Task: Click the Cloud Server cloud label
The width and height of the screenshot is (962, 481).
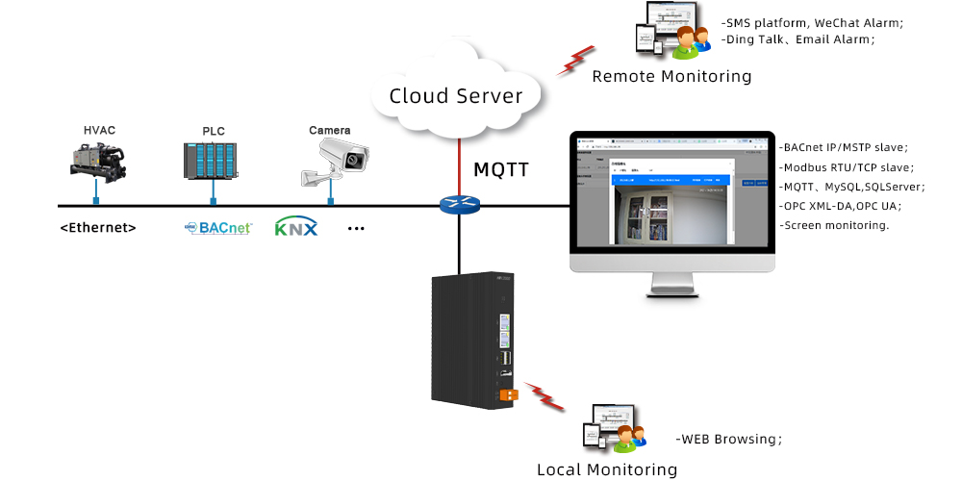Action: point(456,96)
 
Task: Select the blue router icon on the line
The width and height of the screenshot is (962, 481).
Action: point(458,205)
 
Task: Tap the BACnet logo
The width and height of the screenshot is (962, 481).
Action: point(218,228)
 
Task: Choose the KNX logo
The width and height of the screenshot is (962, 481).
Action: point(295,228)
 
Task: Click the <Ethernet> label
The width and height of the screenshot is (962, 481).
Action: point(98,228)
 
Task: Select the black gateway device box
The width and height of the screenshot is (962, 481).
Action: point(471,337)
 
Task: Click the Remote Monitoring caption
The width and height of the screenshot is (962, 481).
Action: point(671,76)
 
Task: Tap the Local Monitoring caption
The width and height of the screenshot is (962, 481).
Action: point(607,469)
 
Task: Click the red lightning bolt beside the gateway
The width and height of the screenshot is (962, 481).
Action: point(544,395)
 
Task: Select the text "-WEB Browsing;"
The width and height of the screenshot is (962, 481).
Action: point(729,439)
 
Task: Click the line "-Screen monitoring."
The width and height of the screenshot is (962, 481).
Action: point(834,225)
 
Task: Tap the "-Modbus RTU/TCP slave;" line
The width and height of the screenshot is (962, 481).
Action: point(846,167)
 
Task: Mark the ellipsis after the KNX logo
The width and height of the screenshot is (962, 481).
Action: point(356,229)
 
